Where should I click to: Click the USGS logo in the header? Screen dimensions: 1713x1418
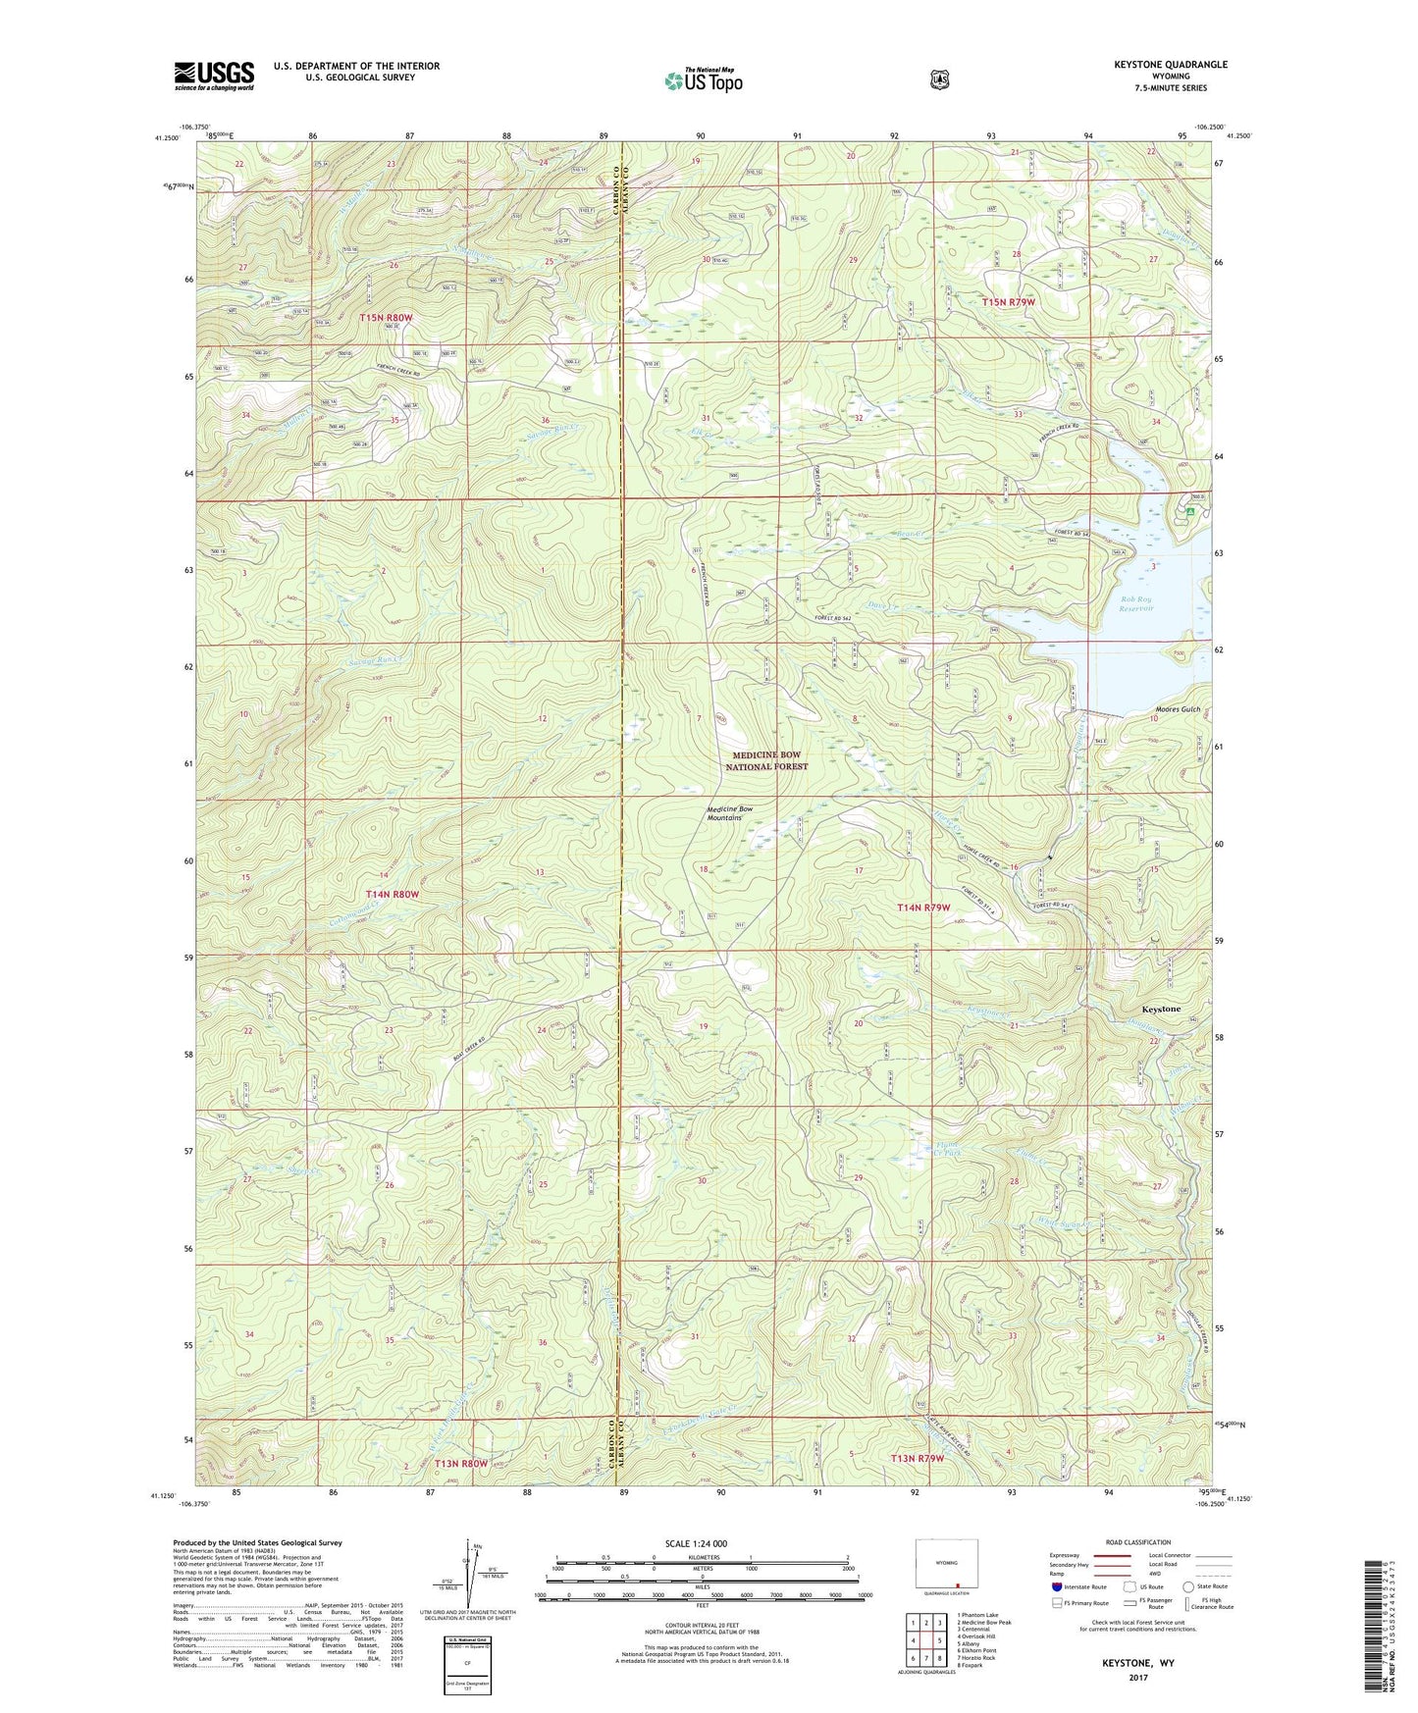pos(214,75)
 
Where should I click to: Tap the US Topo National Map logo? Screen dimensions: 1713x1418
pos(704,80)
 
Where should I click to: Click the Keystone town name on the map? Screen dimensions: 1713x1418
pos(1161,1009)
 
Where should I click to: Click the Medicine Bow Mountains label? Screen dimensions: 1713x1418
pos(730,813)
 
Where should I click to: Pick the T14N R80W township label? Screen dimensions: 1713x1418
pos(393,895)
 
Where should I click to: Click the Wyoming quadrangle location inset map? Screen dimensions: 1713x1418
pos(946,1567)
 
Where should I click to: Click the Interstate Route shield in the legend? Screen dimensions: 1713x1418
pos(1056,1586)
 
